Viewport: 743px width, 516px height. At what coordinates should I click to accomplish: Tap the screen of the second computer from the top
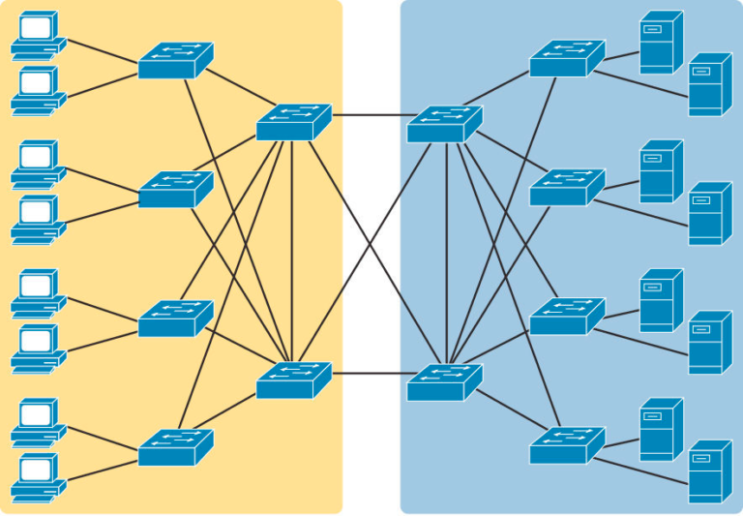[36, 81]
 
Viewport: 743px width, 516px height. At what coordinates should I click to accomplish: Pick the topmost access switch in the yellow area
[175, 61]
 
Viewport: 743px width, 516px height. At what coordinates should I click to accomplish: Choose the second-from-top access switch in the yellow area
[175, 190]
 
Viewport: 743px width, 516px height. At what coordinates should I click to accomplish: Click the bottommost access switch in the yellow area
[175, 447]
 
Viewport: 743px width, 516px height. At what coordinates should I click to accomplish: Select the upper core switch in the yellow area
[293, 123]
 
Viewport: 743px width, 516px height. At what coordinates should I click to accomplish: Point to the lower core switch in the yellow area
[293, 380]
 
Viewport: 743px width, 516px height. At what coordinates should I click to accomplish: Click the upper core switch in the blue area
[444, 125]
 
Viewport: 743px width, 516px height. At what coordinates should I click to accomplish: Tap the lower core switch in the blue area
[444, 382]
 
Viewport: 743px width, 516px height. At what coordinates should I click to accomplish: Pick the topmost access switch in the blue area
[566, 59]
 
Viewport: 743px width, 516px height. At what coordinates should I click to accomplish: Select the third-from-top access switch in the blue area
[566, 317]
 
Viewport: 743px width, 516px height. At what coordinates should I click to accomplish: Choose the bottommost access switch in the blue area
[566, 445]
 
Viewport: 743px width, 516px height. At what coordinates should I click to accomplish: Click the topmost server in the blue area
[661, 43]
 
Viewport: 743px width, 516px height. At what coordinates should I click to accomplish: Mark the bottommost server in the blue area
[709, 471]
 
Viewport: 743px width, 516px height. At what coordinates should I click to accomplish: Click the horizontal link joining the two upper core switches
[369, 115]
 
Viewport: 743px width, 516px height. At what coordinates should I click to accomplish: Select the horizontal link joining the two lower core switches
[369, 373]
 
